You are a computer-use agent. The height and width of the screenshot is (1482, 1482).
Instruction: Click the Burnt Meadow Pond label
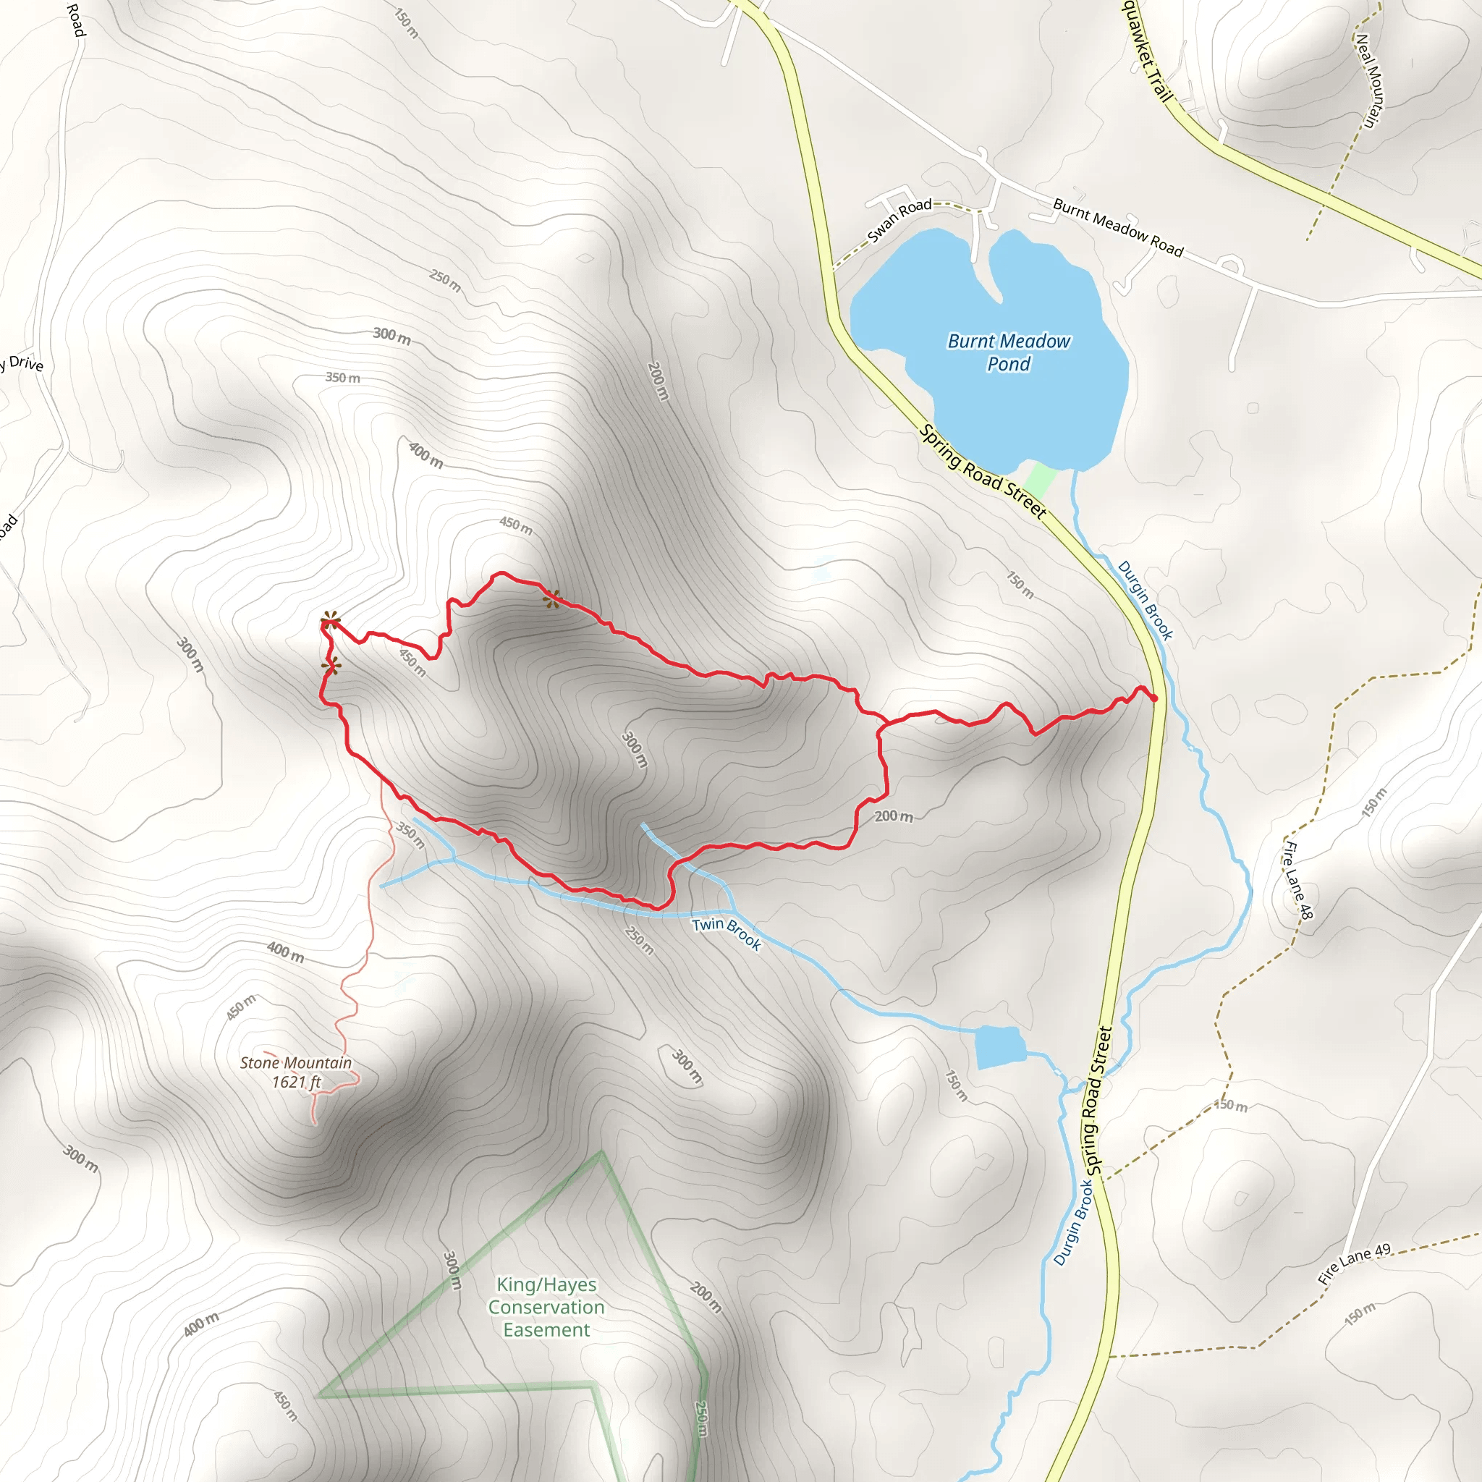1009,352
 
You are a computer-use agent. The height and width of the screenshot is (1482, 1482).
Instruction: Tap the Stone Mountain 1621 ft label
296,1072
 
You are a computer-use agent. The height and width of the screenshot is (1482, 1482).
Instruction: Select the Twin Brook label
727,933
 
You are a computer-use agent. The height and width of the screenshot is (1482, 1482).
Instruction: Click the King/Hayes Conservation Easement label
546,1307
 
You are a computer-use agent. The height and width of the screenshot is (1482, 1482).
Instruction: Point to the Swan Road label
899,219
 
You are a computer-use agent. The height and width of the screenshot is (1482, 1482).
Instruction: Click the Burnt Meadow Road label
1117,227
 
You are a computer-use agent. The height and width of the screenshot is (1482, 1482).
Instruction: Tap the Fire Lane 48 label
1298,881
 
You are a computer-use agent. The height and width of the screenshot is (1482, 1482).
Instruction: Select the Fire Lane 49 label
1354,1264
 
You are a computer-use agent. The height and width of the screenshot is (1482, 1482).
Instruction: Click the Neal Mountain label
1369,80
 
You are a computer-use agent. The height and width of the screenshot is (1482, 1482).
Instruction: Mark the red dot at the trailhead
1153,698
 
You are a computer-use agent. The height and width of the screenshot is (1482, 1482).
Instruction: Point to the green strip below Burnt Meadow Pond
1040,480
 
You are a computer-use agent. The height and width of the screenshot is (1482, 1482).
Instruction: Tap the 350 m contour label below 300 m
343,378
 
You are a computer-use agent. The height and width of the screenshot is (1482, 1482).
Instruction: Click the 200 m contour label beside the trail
894,816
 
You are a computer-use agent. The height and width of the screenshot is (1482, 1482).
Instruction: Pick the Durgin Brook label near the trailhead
1146,600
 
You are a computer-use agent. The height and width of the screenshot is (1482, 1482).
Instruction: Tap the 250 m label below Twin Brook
639,941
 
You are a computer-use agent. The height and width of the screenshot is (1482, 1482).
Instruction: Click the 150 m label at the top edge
407,23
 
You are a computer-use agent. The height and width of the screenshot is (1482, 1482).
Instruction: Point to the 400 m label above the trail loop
425,455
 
